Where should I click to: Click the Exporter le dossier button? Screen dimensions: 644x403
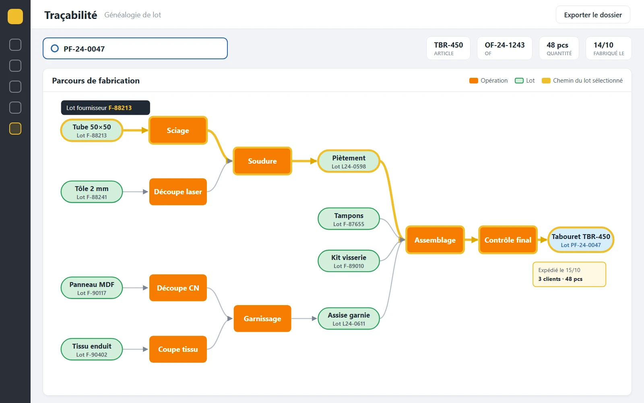click(593, 15)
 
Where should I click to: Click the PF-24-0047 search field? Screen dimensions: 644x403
click(135, 48)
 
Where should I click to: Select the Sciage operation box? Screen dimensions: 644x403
click(178, 131)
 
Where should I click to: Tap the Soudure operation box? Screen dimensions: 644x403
click(262, 161)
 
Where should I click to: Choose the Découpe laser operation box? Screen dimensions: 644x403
click(178, 192)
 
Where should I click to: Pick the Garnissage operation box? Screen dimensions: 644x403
click(262, 319)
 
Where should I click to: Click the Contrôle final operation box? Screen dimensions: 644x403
click(508, 240)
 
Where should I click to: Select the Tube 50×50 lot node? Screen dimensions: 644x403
click(92, 131)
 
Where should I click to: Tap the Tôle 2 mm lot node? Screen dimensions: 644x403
click(92, 192)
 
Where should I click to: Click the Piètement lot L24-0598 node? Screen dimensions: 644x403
click(349, 162)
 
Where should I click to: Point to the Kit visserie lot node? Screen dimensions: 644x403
click(349, 261)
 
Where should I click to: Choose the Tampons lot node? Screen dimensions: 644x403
click(349, 219)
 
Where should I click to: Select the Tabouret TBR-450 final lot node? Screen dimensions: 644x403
click(581, 240)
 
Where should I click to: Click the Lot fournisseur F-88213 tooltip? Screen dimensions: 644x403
click(105, 108)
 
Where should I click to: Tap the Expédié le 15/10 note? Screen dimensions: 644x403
click(569, 274)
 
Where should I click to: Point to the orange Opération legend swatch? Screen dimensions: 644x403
click(473, 81)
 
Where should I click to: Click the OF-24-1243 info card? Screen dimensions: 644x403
click(505, 48)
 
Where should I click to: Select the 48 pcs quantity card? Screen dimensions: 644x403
click(559, 48)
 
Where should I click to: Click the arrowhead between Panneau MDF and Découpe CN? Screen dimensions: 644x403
click(145, 288)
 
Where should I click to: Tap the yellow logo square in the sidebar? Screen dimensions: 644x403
click(15, 17)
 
